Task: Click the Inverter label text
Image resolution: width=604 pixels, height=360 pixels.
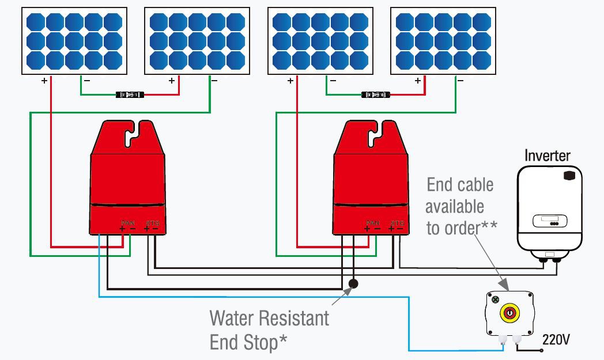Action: (547, 156)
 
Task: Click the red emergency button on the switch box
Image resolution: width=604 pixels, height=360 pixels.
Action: (509, 313)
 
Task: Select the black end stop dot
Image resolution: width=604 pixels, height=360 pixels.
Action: (353, 283)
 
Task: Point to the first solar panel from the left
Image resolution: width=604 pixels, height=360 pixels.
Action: (74, 40)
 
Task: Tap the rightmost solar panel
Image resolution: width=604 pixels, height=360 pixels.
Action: (443, 40)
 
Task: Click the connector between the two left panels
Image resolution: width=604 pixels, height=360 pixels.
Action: (129, 94)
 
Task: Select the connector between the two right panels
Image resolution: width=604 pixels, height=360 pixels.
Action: (375, 94)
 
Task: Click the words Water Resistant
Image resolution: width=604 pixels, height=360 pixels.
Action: (269, 318)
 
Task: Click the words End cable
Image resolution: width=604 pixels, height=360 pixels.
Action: (460, 185)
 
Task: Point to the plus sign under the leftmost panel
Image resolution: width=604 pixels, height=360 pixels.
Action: (44, 81)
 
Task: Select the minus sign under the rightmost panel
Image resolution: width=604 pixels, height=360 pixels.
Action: (460, 81)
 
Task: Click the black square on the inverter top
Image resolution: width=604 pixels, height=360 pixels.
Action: (571, 175)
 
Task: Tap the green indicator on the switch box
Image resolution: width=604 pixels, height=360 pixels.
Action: (496, 300)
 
